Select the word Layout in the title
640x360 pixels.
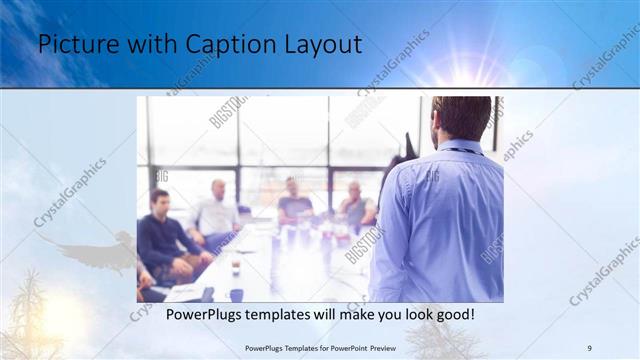[x=319, y=45]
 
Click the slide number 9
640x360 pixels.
[x=589, y=347]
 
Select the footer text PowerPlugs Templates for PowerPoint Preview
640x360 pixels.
[x=320, y=347]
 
